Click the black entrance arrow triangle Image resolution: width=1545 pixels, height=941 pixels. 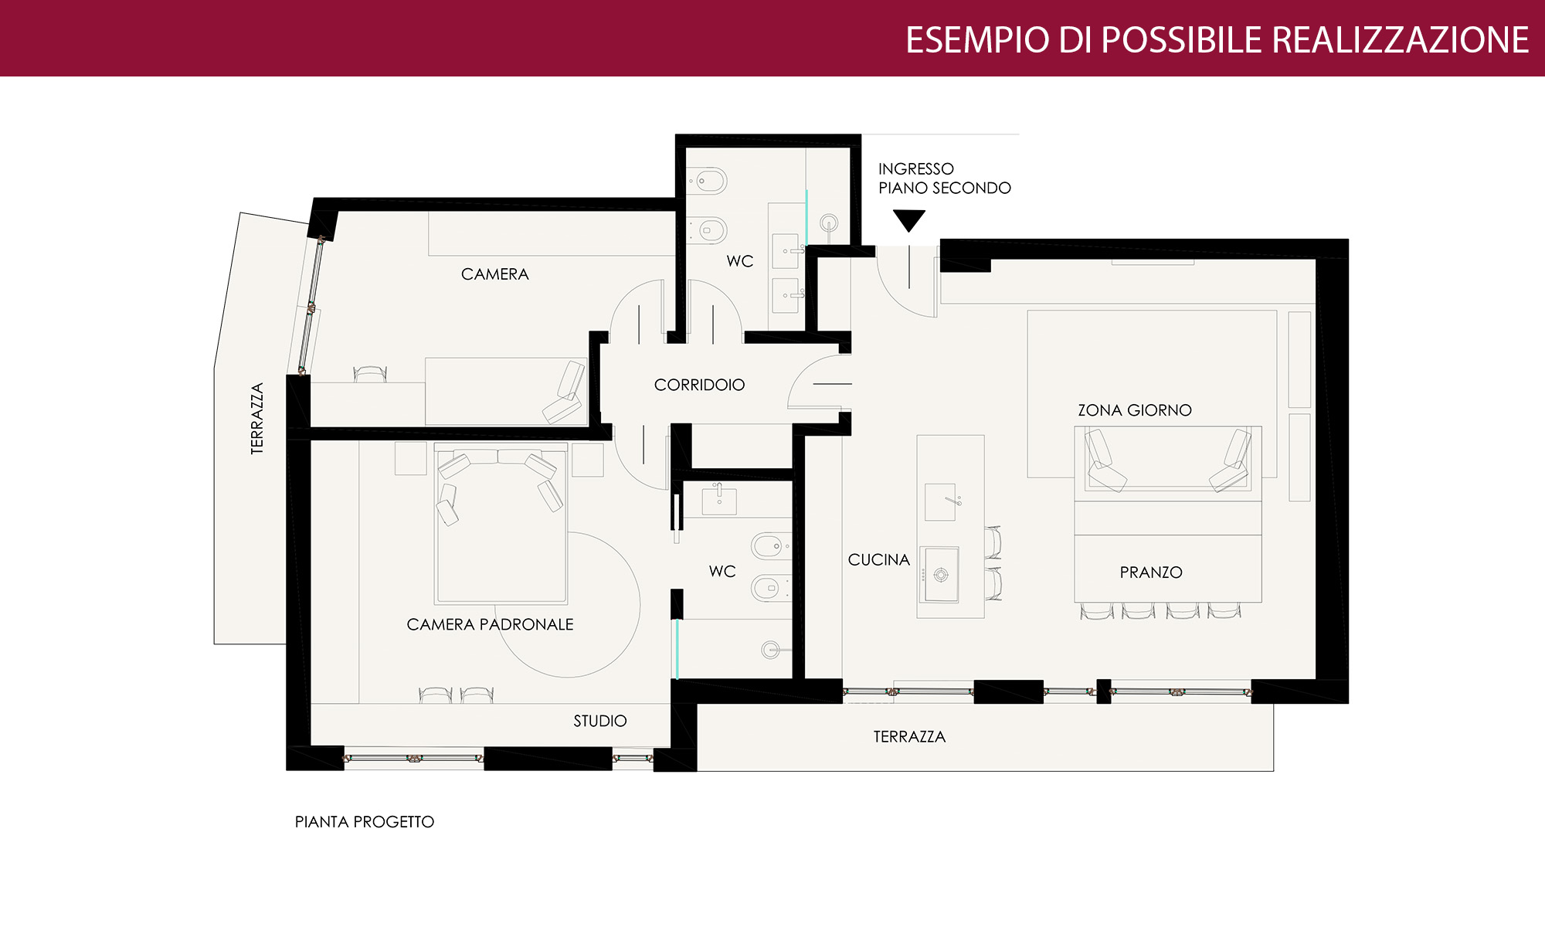[908, 219]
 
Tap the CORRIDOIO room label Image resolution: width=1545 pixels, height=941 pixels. [699, 385]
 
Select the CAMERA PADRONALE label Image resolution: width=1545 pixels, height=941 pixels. [490, 624]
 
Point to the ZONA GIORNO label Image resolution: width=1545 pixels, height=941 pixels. [1135, 410]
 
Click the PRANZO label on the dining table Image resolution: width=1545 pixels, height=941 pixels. [1151, 572]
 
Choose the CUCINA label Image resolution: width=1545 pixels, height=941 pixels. [879, 560]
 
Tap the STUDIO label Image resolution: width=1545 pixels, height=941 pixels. [600, 721]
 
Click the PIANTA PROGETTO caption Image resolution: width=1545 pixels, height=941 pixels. [365, 822]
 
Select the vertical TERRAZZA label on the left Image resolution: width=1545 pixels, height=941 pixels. [257, 418]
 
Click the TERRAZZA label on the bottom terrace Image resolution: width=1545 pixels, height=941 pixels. [909, 737]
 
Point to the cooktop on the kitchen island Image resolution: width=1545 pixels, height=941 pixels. [939, 574]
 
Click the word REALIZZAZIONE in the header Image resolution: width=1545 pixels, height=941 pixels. [1400, 40]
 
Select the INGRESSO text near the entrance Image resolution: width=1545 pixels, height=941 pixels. [916, 169]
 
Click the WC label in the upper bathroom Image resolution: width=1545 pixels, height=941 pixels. [740, 261]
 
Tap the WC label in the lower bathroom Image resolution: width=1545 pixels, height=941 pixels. [722, 572]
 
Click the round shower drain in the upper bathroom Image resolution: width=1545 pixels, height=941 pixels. [829, 223]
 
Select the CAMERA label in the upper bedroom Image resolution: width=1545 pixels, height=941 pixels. [495, 274]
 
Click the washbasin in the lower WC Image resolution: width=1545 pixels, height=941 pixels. [719, 499]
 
